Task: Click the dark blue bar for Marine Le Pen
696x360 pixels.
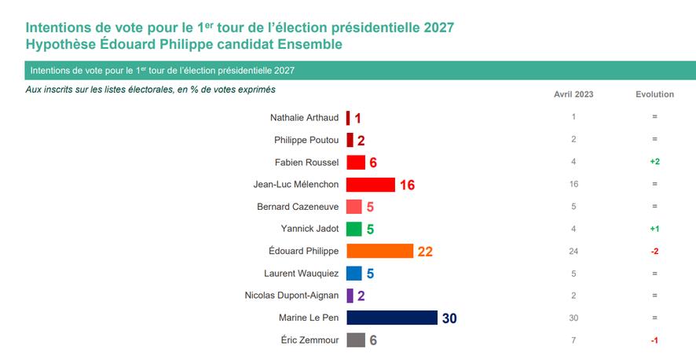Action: (x=391, y=318)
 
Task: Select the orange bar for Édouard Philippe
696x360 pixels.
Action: (x=379, y=251)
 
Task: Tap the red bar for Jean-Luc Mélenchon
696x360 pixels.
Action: (x=370, y=184)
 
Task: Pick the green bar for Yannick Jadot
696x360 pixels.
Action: (x=353, y=229)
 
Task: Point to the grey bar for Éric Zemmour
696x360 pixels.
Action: (x=355, y=340)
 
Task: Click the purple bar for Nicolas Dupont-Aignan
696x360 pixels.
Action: (x=350, y=296)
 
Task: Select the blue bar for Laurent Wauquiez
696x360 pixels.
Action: (x=353, y=274)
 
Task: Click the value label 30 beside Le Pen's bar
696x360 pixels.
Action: (x=449, y=318)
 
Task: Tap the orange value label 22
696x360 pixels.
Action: (x=425, y=252)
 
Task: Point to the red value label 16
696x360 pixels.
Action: (x=406, y=185)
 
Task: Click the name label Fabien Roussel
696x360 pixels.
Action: (x=306, y=162)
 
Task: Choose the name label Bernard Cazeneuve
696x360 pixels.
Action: (x=298, y=207)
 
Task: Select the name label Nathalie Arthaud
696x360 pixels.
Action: (x=304, y=117)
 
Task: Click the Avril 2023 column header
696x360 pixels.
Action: (x=573, y=94)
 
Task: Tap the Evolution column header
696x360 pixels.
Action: (x=654, y=94)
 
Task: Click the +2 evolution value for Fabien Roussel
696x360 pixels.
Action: (x=654, y=162)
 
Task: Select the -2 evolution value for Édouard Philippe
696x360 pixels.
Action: (x=654, y=252)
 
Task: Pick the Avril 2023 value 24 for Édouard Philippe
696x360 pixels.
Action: (x=574, y=252)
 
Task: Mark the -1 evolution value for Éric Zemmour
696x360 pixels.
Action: (x=654, y=340)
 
